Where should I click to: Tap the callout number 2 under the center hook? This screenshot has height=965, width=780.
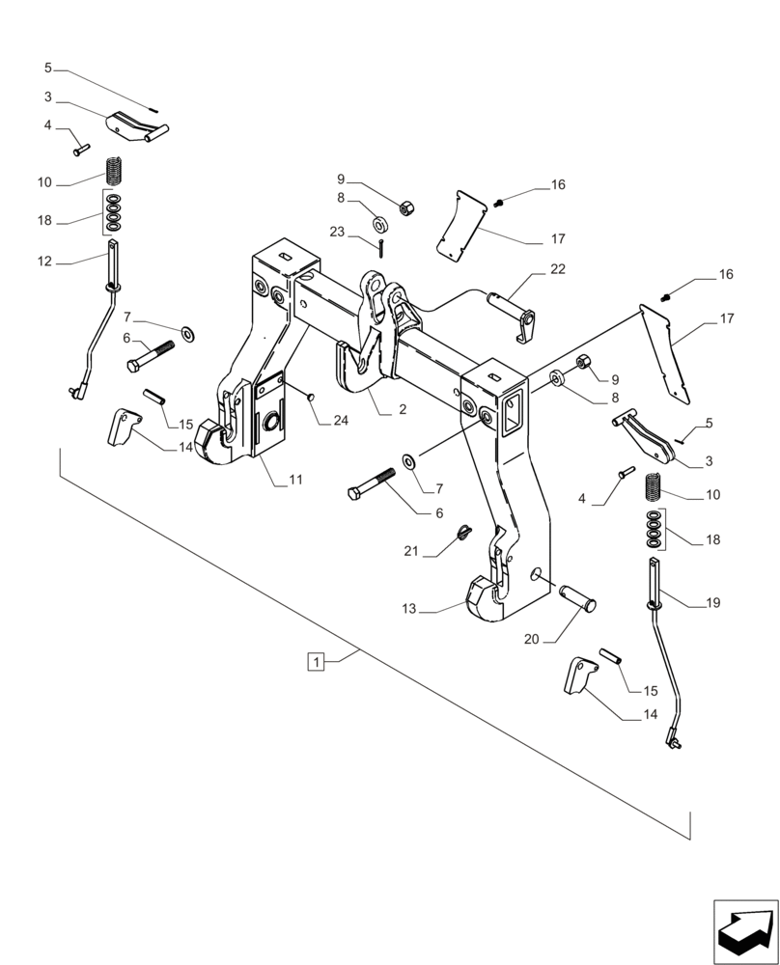pos(401,410)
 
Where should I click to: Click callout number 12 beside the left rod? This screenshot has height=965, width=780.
pos(44,262)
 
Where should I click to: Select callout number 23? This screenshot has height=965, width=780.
pos(336,232)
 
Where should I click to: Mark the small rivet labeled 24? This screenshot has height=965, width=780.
pos(310,395)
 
